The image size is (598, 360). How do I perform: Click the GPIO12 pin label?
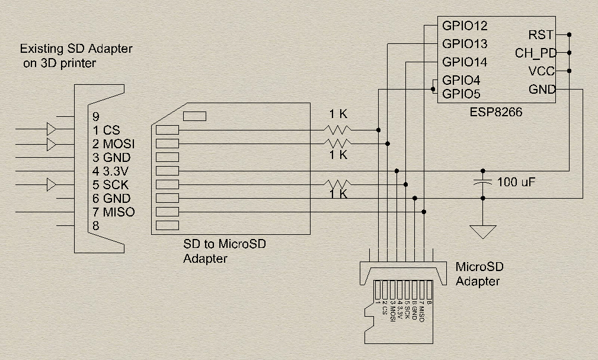pyautogui.click(x=465, y=26)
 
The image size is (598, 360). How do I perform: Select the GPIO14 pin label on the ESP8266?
pyautogui.click(x=465, y=62)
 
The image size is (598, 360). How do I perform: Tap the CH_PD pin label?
pyautogui.click(x=535, y=53)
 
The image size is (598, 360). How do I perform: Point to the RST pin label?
pyautogui.click(x=541, y=35)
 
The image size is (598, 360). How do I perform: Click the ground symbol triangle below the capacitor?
pyautogui.click(x=484, y=231)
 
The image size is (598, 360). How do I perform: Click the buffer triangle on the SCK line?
pyautogui.click(x=52, y=184)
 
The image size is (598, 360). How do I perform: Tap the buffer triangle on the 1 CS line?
pyautogui.click(x=52, y=129)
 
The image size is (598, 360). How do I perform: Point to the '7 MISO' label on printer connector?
pyautogui.click(x=113, y=212)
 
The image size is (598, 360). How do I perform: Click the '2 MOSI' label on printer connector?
pyautogui.click(x=113, y=144)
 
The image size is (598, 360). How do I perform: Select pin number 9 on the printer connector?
pyautogui.click(x=95, y=116)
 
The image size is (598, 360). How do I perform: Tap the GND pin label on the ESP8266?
pyautogui.click(x=542, y=90)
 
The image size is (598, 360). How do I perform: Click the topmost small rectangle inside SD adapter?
pyautogui.click(x=194, y=116)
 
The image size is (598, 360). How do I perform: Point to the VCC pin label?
pyautogui.click(x=542, y=71)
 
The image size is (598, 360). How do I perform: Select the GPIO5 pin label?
pyautogui.click(x=461, y=94)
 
